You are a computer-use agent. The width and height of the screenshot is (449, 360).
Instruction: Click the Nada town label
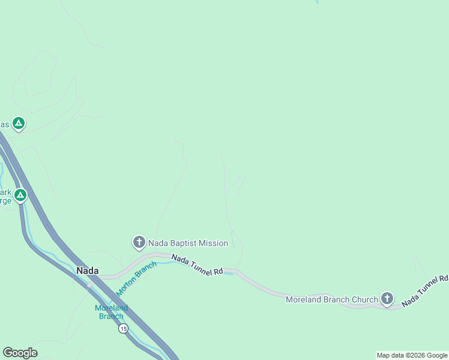coord(87,271)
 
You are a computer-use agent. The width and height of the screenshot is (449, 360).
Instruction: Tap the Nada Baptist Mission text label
coord(188,243)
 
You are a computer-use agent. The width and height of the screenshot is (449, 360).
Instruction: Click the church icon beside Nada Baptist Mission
coord(139,242)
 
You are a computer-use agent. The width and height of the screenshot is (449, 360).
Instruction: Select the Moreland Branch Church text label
coord(332,299)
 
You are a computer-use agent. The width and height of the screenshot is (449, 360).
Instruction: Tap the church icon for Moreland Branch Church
coord(387,298)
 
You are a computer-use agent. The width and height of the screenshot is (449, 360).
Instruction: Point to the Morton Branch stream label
coord(136,278)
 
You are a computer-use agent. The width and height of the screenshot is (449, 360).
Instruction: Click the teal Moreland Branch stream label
coord(111,312)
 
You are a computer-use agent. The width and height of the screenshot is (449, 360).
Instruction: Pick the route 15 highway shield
coord(123,328)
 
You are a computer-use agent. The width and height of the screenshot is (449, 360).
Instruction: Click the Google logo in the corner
coord(20,353)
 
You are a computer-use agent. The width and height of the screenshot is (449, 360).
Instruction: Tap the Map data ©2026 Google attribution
coord(412,355)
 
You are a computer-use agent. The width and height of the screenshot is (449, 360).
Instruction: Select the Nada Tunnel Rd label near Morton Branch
coord(197,265)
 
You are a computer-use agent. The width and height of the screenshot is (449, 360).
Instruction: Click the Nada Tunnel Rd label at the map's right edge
coord(425,291)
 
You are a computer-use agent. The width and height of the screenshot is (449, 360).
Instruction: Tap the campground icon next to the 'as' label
coord(19,124)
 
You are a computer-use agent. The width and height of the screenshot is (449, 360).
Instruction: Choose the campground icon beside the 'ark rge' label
coord(20,195)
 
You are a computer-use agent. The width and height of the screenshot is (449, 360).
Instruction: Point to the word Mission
coord(214,243)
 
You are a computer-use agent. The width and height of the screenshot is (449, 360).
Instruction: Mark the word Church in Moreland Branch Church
coord(365,299)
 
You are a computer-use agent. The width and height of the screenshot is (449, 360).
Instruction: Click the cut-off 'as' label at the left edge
coord(4,124)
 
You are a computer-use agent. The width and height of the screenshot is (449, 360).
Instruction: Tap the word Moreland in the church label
coord(303,299)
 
